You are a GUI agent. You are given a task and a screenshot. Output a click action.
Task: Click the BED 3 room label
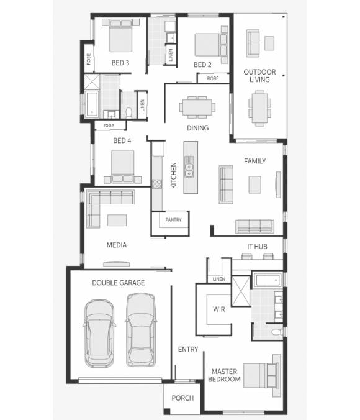pos(120,63)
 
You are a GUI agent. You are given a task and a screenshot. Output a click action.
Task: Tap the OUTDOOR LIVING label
pos(259,76)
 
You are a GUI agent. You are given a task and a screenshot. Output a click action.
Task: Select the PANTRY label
pos(173,220)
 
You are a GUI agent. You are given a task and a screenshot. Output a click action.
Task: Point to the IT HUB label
pos(258,247)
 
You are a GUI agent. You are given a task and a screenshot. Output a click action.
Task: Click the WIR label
pos(218,308)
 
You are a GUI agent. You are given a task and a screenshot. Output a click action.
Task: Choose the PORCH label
pos(182,398)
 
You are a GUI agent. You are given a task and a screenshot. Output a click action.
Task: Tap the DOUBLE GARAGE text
pos(119,283)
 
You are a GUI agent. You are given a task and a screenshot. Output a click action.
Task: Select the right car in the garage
pos(142,330)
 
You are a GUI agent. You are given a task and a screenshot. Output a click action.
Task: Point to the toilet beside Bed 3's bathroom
pos(128,112)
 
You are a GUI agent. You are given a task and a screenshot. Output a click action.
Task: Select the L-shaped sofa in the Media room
pos(106,204)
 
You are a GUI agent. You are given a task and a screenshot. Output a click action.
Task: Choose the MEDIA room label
pos(116,245)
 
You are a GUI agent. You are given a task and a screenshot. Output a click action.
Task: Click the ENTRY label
pos(188,349)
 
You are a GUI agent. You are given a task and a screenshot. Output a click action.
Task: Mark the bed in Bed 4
pos(122,165)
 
